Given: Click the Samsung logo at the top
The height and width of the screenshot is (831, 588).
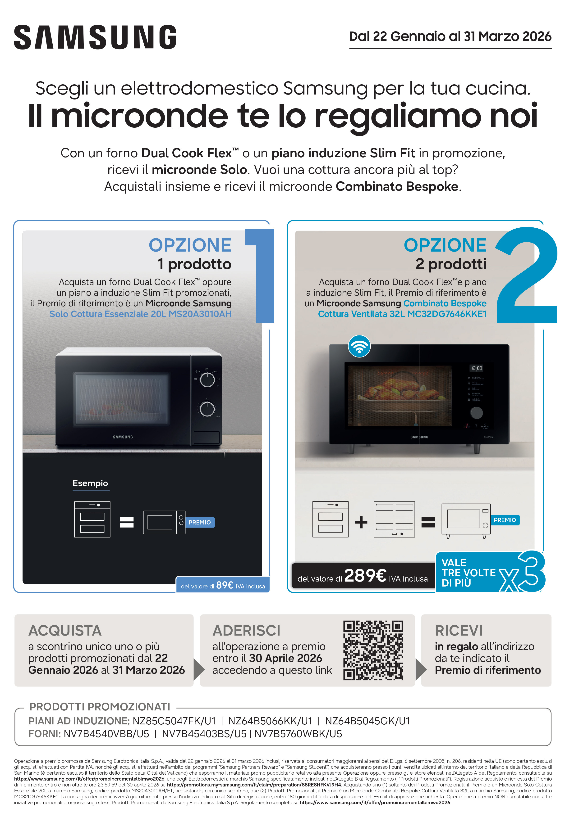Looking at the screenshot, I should pyautogui.click(x=95, y=37).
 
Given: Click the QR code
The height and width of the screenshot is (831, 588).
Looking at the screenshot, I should pyautogui.click(x=373, y=650).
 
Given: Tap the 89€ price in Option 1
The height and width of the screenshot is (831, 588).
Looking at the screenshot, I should pyautogui.click(x=225, y=585).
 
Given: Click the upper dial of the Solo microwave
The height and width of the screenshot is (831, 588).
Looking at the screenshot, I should pyautogui.click(x=207, y=380).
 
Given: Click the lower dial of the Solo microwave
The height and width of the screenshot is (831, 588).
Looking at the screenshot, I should pyautogui.click(x=207, y=409).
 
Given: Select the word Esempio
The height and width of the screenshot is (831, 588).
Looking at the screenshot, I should pyautogui.click(x=90, y=483).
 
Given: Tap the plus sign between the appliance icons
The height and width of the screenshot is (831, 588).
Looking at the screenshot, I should pyautogui.click(x=361, y=522).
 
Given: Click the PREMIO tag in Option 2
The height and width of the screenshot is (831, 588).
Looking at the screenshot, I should pyautogui.click(x=505, y=520).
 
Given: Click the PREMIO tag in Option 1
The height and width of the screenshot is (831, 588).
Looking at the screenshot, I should pyautogui.click(x=200, y=522).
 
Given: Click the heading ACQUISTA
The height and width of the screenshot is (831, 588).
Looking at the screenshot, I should pyautogui.click(x=65, y=631).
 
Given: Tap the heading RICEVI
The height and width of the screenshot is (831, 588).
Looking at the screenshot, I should pyautogui.click(x=459, y=631).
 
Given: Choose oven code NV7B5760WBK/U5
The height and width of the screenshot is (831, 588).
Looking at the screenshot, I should pyautogui.click(x=298, y=734).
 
